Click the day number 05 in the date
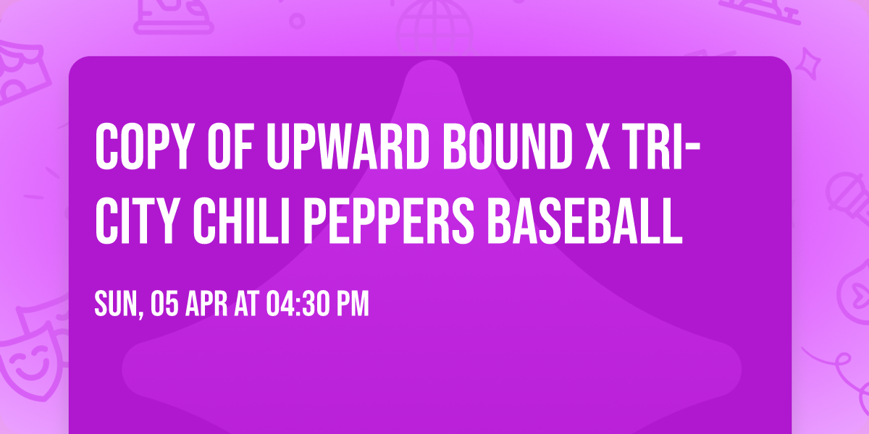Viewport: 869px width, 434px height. pyautogui.click(x=165, y=304)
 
